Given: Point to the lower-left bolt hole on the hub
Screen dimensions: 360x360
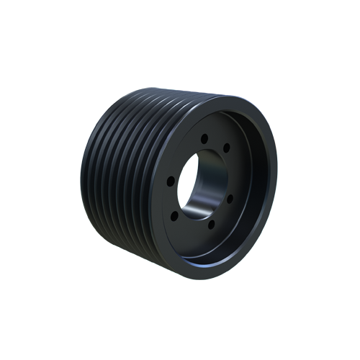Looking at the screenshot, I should [177, 214].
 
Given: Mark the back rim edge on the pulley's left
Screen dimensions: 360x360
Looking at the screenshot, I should [82, 180].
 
